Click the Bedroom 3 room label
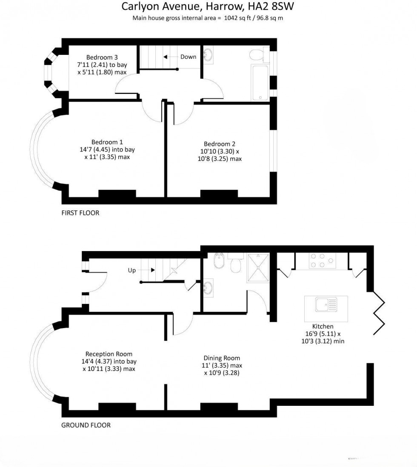[102, 57]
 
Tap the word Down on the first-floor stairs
[188, 57]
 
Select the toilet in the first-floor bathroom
[257, 54]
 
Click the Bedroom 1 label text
[107, 142]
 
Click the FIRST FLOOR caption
[80, 213]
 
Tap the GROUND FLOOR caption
[86, 425]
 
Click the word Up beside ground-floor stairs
[132, 270]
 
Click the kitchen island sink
[326, 304]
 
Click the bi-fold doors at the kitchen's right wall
[378, 312]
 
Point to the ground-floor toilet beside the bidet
[235, 266]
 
